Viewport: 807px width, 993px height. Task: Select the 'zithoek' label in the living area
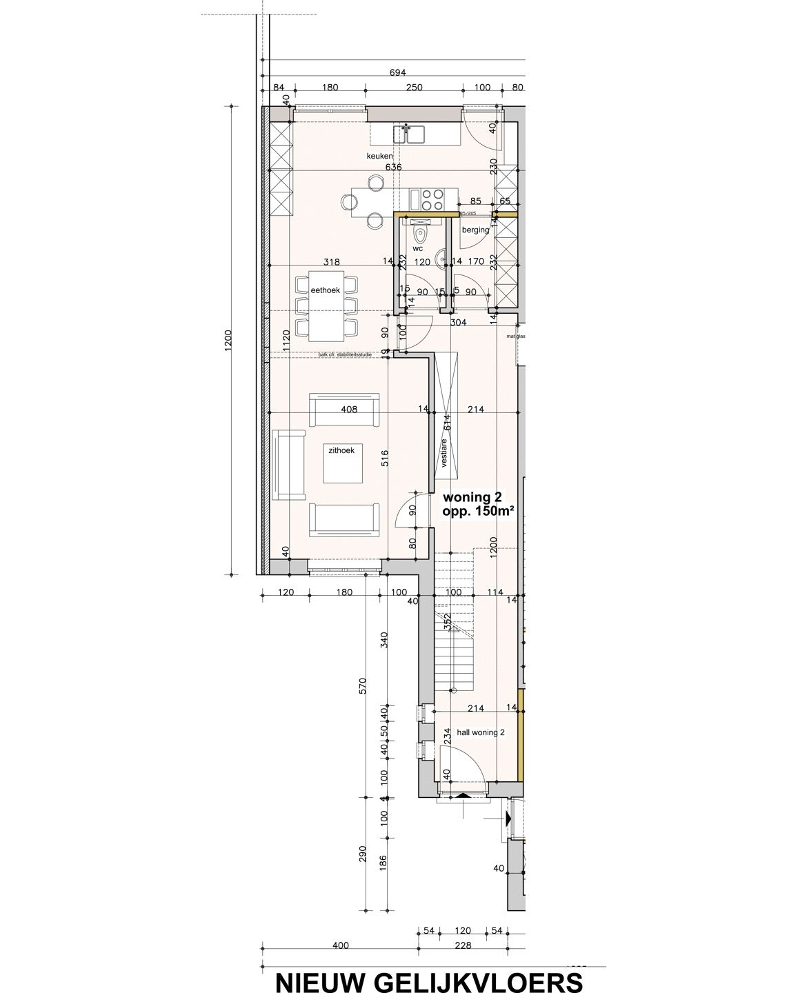[x=341, y=450]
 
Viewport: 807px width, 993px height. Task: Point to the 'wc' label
[x=417, y=247]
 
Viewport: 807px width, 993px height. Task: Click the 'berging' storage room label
[x=475, y=230]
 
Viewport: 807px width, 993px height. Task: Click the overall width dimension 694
[x=398, y=72]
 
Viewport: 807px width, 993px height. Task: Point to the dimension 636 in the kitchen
[x=393, y=168]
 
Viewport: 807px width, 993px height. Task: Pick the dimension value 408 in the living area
[x=349, y=409]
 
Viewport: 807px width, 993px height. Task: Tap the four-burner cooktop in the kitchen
[x=432, y=199]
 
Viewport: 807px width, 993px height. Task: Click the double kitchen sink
[x=408, y=132]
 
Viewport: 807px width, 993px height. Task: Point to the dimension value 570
[x=363, y=686]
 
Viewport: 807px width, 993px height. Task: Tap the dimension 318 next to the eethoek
[x=333, y=261]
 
